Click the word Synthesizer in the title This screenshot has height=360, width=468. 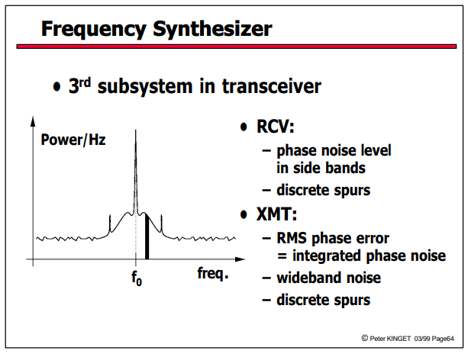click(212, 29)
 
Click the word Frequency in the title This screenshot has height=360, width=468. click(93, 29)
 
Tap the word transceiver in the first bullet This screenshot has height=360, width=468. click(272, 86)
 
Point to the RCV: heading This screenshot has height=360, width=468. click(275, 126)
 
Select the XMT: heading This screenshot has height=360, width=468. click(276, 214)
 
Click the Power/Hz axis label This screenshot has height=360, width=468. click(73, 140)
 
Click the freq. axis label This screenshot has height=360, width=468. click(213, 273)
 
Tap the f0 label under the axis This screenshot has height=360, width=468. click(137, 278)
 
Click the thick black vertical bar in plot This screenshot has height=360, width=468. click(147, 236)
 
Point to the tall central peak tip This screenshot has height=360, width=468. click(136, 130)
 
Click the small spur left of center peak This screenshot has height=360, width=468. click(110, 223)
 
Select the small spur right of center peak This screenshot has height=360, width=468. click(162, 223)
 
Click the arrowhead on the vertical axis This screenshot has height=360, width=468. click(33, 121)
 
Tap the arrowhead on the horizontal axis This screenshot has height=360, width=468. click(240, 259)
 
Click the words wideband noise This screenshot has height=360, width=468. click(328, 278)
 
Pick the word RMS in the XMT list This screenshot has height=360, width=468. click(292, 238)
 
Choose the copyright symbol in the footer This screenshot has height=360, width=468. click(364, 338)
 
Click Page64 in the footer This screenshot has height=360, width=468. click(443, 339)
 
